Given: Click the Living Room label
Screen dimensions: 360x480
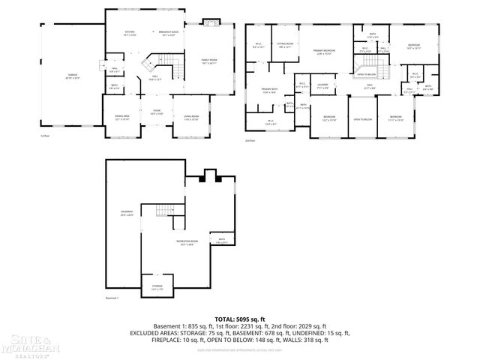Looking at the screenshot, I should pyautogui.click(x=191, y=118).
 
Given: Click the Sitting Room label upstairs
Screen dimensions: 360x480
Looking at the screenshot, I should pyautogui.click(x=285, y=46).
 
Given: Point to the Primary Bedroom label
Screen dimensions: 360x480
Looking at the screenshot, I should pyautogui.click(x=324, y=52).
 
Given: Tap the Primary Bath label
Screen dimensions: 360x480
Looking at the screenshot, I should pyautogui.click(x=270, y=91).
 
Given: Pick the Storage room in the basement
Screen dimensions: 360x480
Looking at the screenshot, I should pyautogui.click(x=157, y=288).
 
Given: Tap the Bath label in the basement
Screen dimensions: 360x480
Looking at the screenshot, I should pyautogui.click(x=221, y=241).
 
